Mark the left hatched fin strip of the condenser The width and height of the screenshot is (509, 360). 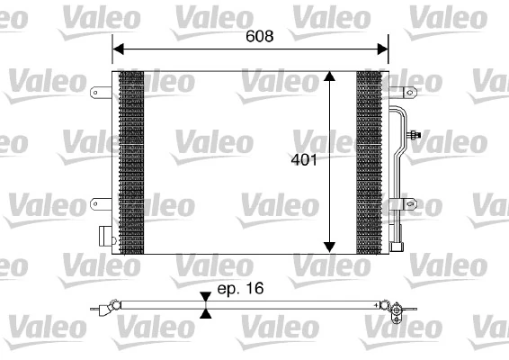[x=131, y=162]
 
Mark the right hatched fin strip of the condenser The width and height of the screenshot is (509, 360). [x=369, y=162]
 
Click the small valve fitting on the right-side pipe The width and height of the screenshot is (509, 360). [x=415, y=136]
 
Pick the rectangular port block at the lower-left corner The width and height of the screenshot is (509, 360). [x=106, y=237]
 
